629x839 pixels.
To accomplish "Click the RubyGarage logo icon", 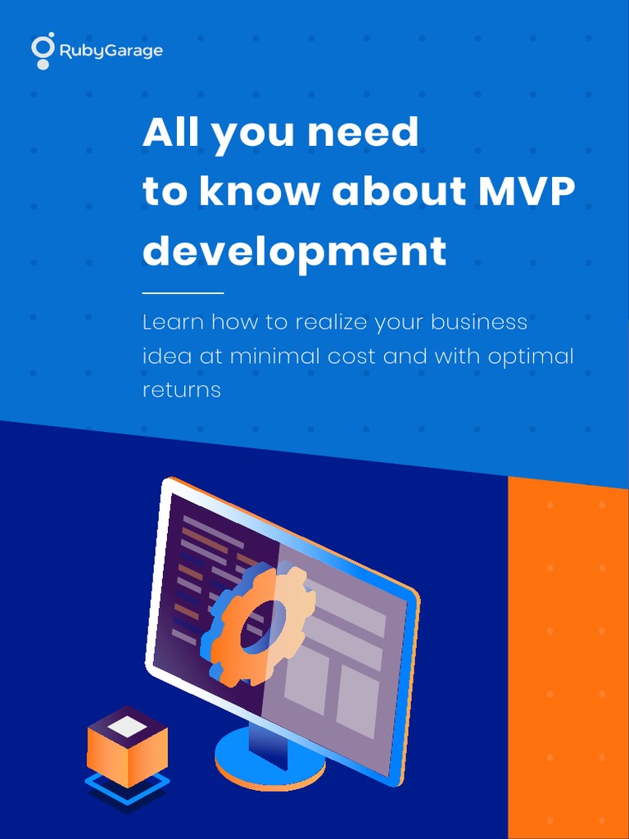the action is pyautogui.click(x=43, y=50).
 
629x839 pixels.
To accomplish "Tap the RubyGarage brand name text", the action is pyautogui.click(x=111, y=52).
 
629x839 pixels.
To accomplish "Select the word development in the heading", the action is pyautogui.click(x=295, y=251).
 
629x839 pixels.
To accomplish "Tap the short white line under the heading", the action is pyautogui.click(x=183, y=293).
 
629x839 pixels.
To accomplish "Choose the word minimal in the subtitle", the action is pyautogui.click(x=276, y=356).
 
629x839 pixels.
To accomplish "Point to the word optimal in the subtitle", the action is pyautogui.click(x=531, y=357).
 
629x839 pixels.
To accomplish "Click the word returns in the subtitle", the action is pyautogui.click(x=182, y=389).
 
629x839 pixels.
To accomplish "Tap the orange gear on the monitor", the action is pyautogui.click(x=256, y=624).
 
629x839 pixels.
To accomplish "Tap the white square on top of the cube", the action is pyautogui.click(x=127, y=726).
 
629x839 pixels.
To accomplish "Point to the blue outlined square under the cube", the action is pyautogui.click(x=127, y=786).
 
